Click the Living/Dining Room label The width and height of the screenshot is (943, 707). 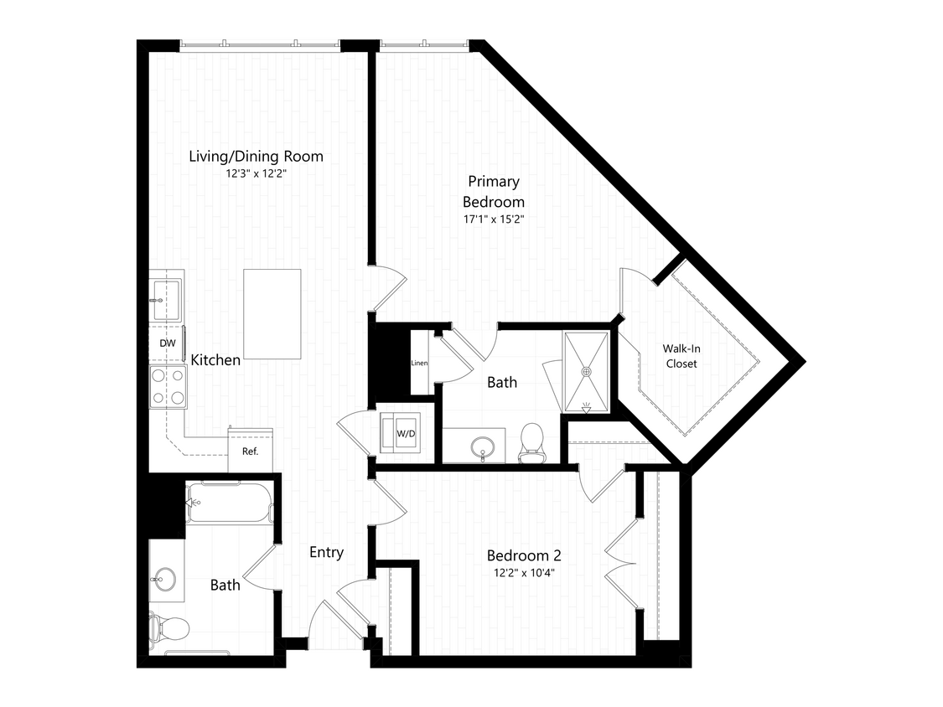pyautogui.click(x=256, y=157)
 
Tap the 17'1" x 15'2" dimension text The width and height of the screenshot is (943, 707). pyautogui.click(x=494, y=219)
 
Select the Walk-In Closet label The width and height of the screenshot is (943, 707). pyautogui.click(x=681, y=356)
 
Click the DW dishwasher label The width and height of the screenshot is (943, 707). pyautogui.click(x=168, y=343)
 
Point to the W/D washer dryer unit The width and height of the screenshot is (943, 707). pyautogui.click(x=406, y=433)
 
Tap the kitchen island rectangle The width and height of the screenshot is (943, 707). pyautogui.click(x=272, y=314)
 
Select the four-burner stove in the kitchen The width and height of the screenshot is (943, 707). pyautogui.click(x=168, y=386)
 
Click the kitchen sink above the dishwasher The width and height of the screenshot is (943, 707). pyautogui.click(x=165, y=299)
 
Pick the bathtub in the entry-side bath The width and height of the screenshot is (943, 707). pyautogui.click(x=229, y=502)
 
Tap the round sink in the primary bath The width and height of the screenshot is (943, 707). pyautogui.click(x=483, y=448)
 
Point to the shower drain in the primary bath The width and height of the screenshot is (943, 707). pyautogui.click(x=587, y=372)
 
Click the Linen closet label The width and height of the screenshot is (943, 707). pyautogui.click(x=419, y=363)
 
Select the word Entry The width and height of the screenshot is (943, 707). pyautogui.click(x=327, y=552)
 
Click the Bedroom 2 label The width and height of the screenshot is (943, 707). pyautogui.click(x=524, y=555)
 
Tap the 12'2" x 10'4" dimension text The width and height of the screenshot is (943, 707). pyautogui.click(x=524, y=573)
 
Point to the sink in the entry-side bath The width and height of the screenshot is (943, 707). pyautogui.click(x=163, y=581)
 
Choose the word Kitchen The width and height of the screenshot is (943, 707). pyautogui.click(x=215, y=359)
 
